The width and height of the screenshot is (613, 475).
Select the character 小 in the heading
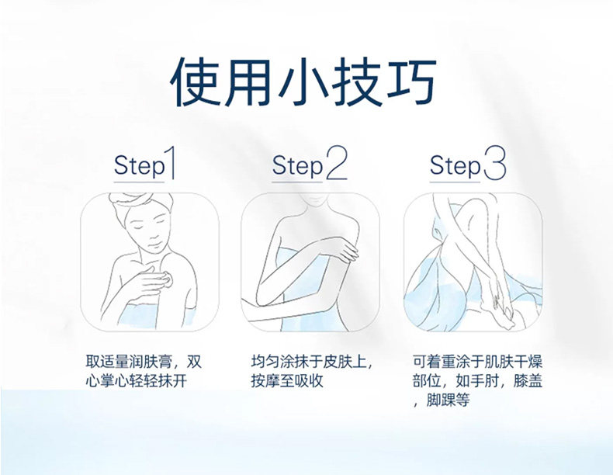coord(304,81)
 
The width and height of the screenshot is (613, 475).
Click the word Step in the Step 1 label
coord(139,166)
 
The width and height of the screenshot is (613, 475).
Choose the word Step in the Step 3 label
coord(455,166)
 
